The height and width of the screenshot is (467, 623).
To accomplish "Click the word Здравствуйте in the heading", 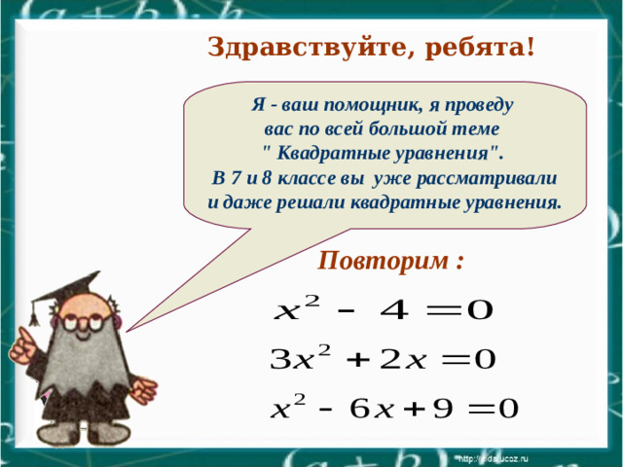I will click(287, 47).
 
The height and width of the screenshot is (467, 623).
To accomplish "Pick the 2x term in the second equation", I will click(401, 360).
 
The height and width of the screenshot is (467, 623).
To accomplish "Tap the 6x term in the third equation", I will click(369, 408).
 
